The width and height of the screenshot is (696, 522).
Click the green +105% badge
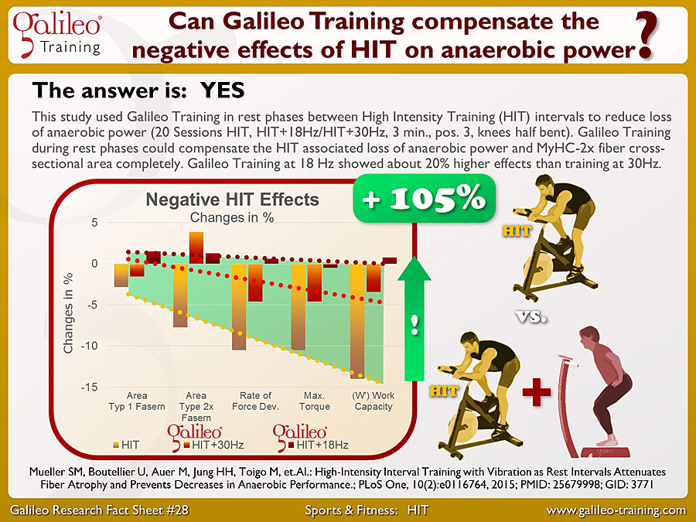[x=424, y=199]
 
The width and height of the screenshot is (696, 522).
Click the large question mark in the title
[x=646, y=36]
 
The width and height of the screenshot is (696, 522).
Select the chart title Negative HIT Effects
[x=232, y=200]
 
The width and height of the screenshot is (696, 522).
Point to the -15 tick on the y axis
[x=89, y=387]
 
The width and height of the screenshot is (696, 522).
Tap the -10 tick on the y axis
[x=89, y=346]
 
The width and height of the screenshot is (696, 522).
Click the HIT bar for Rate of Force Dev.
[x=239, y=307]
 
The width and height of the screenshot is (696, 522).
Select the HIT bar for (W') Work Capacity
[x=357, y=321]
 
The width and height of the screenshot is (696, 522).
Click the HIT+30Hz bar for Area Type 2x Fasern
[x=196, y=247]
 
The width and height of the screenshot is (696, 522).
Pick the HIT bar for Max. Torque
[x=299, y=307]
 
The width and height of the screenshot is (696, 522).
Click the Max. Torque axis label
[x=314, y=401]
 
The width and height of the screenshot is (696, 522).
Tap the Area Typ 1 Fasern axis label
[x=137, y=401]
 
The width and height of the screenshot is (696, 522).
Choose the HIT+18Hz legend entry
[x=318, y=445]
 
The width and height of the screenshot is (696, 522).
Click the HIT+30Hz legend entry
[x=213, y=445]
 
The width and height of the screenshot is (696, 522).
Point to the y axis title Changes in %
[x=68, y=313]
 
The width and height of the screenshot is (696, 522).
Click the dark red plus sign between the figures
[x=536, y=392]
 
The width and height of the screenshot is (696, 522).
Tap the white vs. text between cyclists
[x=531, y=316]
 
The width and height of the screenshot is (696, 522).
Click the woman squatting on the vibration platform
[x=605, y=386]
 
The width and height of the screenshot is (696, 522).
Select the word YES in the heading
[x=223, y=90]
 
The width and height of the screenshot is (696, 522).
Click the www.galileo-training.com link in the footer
[x=616, y=510]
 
